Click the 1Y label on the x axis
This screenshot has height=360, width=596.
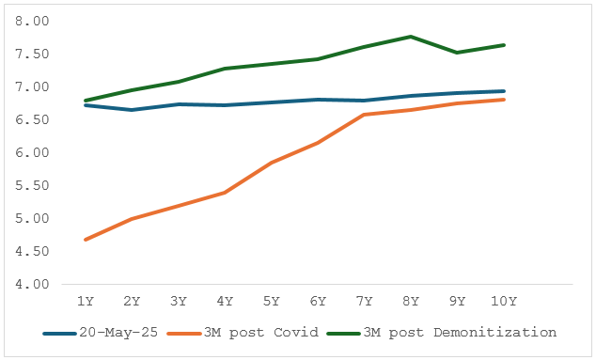pos(86,301)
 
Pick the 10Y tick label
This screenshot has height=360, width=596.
pos(504,301)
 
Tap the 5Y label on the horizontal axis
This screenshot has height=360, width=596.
pos(271,301)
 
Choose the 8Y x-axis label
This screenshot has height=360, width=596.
pos(411,301)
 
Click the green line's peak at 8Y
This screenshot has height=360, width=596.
pos(411,37)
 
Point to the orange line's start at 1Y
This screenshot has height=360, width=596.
pos(86,240)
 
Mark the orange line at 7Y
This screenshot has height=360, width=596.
pos(364,115)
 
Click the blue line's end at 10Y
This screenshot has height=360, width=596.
pos(504,91)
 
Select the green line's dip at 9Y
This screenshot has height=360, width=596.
pos(457,53)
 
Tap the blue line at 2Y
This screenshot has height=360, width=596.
pos(132,110)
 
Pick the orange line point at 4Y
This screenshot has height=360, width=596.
pos(225,193)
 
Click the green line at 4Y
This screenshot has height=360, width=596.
pos(225,69)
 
